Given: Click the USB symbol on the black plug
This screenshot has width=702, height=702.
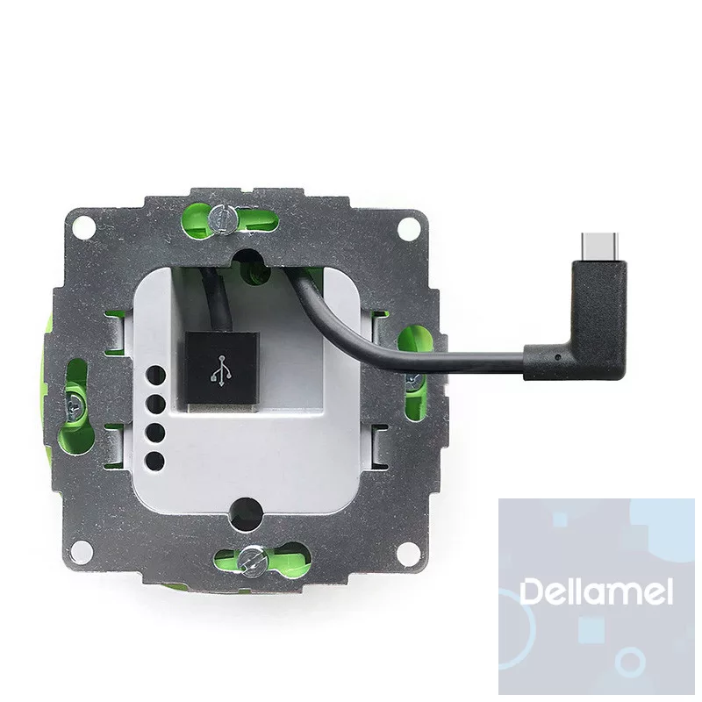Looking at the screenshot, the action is [x=221, y=369].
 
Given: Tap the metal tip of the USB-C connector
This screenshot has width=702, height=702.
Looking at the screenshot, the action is [x=598, y=247].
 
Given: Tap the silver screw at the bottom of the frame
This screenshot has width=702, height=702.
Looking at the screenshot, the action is [x=251, y=560].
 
